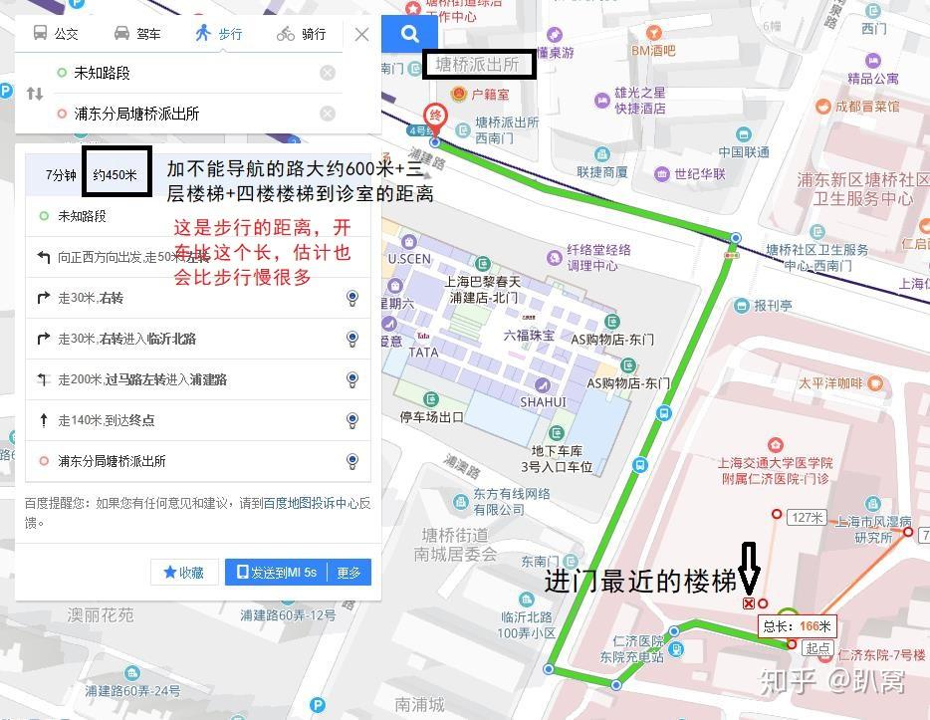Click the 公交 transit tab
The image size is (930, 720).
coord(56,34)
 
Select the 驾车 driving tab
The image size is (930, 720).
coord(137,34)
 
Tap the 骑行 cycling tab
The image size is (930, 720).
coord(302,34)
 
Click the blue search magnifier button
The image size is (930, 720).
coord(409,34)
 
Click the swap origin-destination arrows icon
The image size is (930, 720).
coord(35,94)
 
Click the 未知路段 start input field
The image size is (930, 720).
coord(189,73)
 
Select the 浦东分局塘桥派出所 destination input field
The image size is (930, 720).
coord(189,114)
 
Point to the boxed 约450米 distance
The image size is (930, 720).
coord(116,174)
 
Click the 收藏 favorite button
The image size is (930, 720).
coord(184,573)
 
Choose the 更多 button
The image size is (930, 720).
coord(349,573)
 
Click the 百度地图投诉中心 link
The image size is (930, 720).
coord(311,504)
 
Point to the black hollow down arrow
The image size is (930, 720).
coord(749,569)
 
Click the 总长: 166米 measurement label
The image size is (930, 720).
coord(798,626)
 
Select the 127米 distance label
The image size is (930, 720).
coord(807,517)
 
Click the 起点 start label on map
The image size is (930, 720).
coord(818,648)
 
